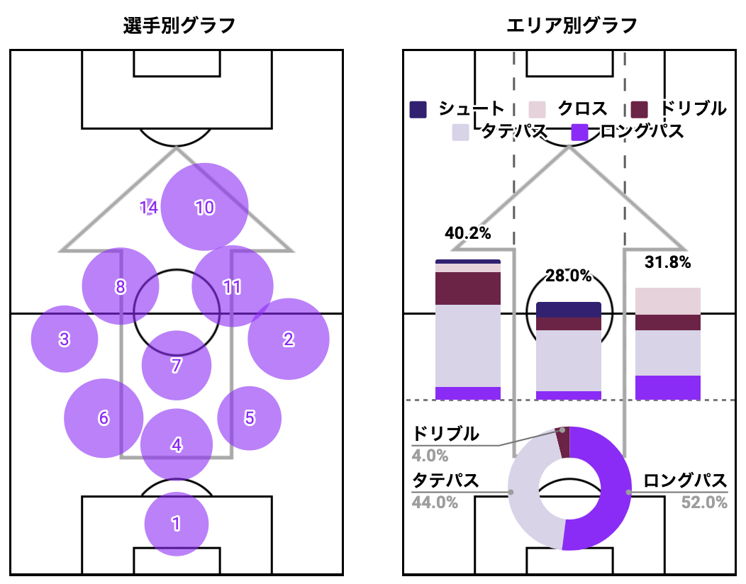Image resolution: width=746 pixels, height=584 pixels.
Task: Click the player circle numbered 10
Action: click(204, 207)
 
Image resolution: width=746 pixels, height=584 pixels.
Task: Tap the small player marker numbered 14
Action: click(149, 208)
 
